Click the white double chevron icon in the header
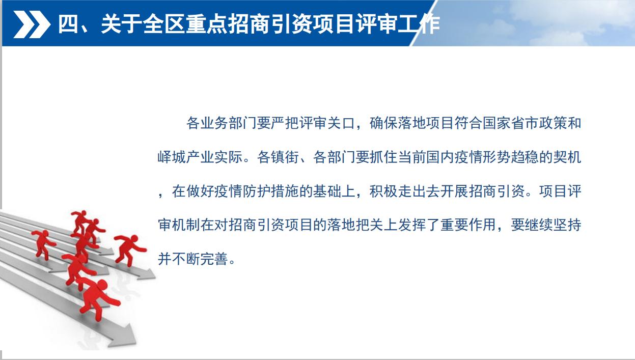click(32, 24)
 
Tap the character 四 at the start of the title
click(68, 24)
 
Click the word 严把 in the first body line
click(285, 123)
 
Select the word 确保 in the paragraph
click(383, 123)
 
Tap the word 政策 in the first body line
click(553, 123)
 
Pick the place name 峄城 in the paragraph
click(172, 157)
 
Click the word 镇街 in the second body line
click(285, 157)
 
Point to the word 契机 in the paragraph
click(567, 157)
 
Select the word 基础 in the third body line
click(327, 191)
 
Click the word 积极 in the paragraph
click(383, 191)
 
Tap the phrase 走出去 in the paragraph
click(419, 191)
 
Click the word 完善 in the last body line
click(214, 259)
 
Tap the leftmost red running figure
click(44, 244)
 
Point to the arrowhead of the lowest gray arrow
click(125, 337)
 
